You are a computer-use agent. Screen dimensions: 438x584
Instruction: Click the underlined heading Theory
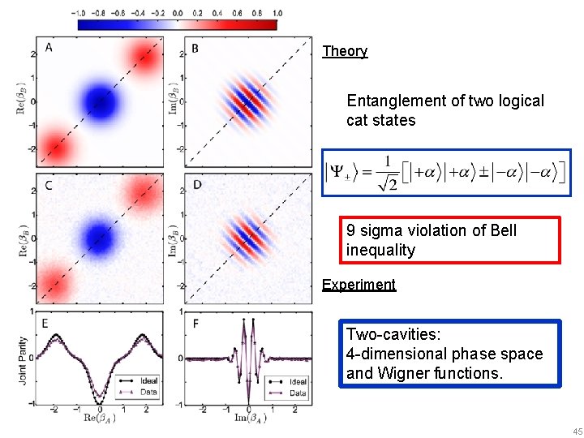click(x=345, y=51)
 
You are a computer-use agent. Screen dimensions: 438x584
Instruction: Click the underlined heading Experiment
click(x=359, y=285)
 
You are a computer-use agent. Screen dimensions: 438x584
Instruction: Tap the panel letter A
click(x=50, y=49)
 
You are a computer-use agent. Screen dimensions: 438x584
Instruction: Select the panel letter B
click(x=195, y=49)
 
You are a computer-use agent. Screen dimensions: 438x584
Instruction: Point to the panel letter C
click(x=49, y=186)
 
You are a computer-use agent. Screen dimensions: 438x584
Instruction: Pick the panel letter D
click(x=196, y=186)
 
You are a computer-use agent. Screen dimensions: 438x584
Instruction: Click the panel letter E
click(x=45, y=323)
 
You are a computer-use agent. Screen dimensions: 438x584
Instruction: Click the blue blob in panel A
click(x=99, y=103)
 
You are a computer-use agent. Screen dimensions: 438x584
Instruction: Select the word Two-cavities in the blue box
click(x=389, y=334)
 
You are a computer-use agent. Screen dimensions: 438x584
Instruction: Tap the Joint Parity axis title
click(x=22, y=358)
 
